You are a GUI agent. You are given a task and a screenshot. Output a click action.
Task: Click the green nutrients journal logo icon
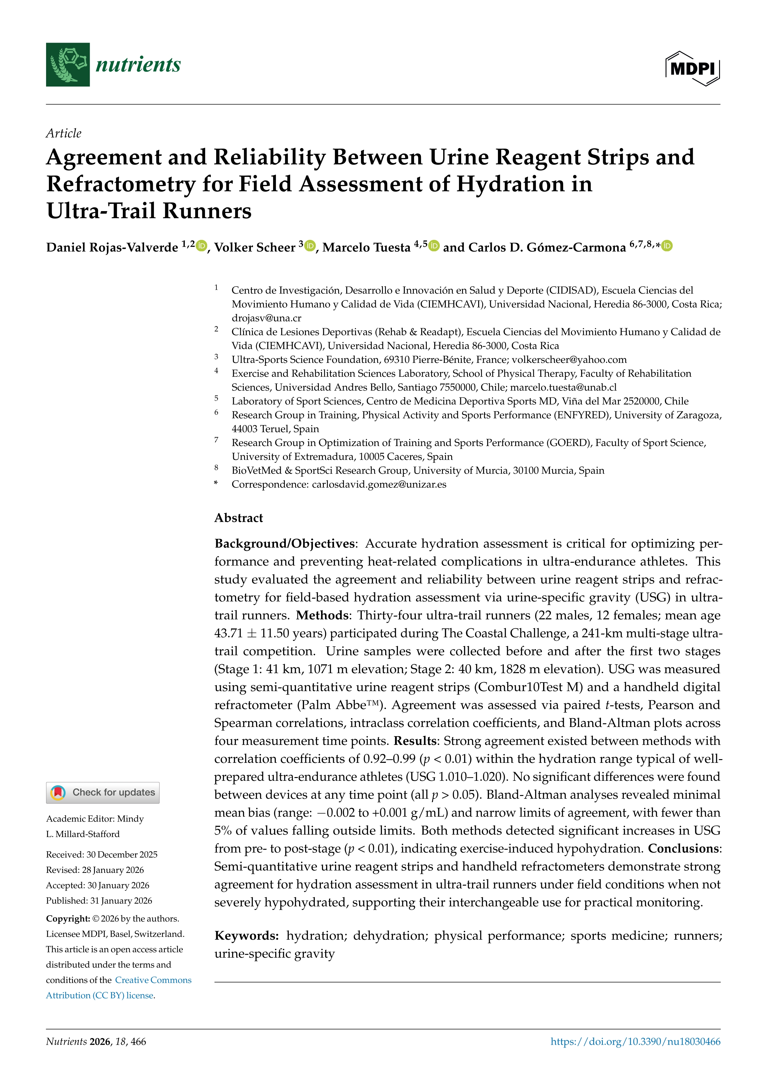[x=67, y=65]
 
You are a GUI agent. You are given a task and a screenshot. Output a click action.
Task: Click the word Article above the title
[x=64, y=133]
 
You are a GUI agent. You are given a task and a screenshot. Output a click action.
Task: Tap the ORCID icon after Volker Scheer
[x=310, y=245]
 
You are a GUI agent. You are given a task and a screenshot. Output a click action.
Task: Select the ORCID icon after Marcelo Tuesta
[x=434, y=245]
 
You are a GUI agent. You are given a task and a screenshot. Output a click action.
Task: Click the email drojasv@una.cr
[x=266, y=318]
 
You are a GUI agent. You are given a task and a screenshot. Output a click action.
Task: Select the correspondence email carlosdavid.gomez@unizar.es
[x=379, y=484]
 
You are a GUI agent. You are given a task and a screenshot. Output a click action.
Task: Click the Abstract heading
[x=238, y=518]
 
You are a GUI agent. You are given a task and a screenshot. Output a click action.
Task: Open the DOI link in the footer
[x=635, y=1042]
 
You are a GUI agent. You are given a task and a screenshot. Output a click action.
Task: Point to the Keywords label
[x=246, y=936]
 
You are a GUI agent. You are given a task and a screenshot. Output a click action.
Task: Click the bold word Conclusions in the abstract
[x=683, y=848]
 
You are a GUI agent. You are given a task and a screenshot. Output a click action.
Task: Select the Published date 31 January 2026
[x=99, y=900]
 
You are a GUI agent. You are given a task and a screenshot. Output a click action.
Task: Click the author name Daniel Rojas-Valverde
[x=112, y=247]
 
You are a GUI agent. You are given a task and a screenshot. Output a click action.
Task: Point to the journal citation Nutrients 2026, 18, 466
[x=96, y=1042]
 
